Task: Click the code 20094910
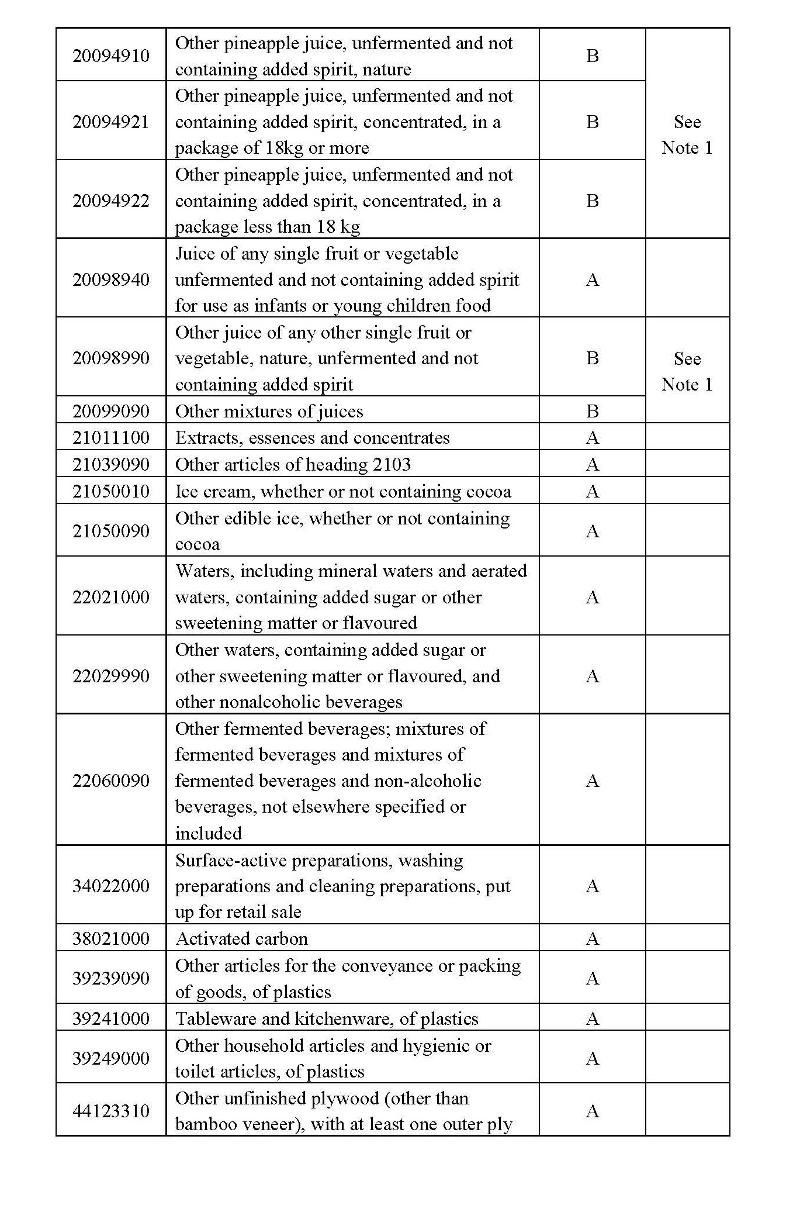[x=111, y=56]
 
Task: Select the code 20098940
[x=111, y=279]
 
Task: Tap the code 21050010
[x=111, y=491]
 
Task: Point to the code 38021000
[x=111, y=938]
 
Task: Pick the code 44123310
[x=111, y=1111]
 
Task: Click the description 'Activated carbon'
[x=241, y=938]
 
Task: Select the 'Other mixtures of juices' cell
[x=269, y=411]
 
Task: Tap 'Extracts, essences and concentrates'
[x=313, y=437]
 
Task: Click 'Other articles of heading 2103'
[x=293, y=464]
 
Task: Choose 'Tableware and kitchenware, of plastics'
[x=327, y=1018]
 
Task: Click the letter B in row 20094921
[x=592, y=122]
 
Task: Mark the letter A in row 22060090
[x=592, y=781]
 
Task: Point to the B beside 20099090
[x=592, y=411]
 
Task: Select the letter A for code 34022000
[x=592, y=886]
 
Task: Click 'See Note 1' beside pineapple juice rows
[x=687, y=134]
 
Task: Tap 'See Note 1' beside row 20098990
[x=687, y=371]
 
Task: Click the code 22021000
[x=111, y=597]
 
